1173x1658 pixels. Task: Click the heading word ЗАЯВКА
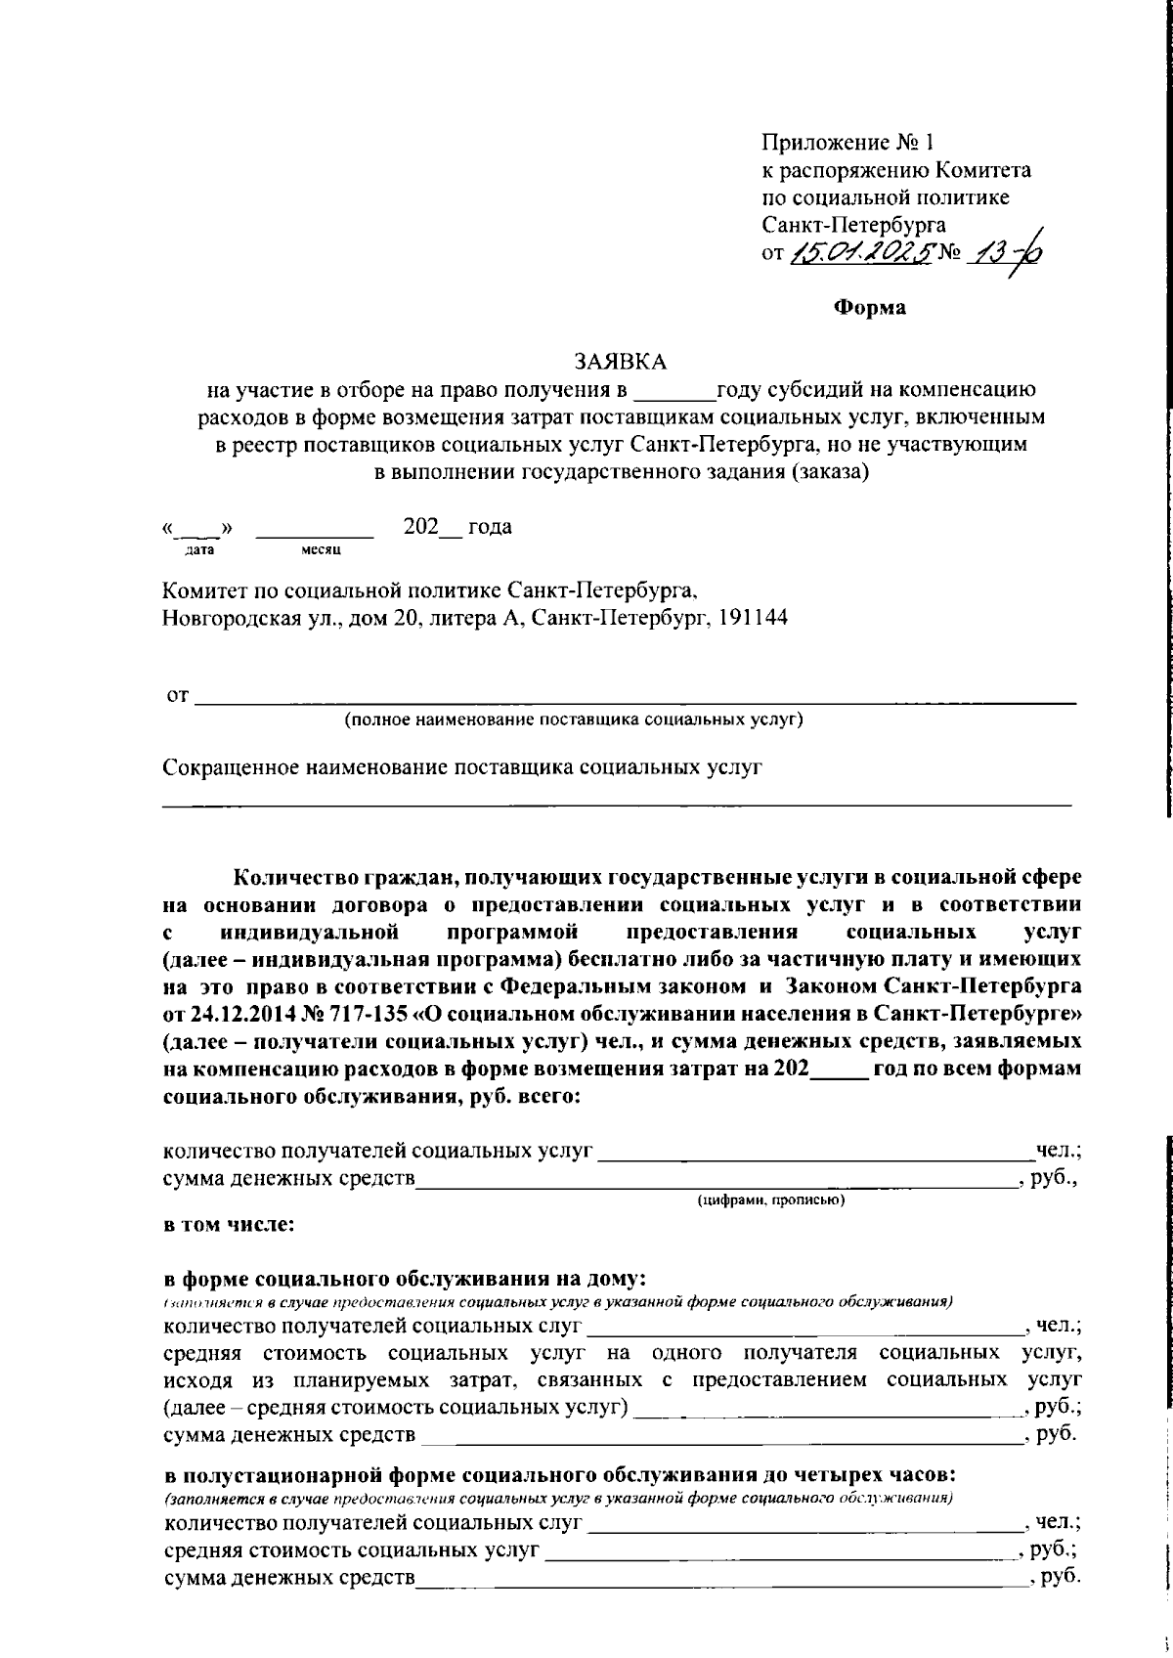coord(621,362)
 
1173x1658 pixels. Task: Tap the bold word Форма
coord(869,308)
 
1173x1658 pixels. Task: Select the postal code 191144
coord(753,618)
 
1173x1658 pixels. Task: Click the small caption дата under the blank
coord(199,551)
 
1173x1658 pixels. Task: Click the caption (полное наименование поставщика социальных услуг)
coord(573,720)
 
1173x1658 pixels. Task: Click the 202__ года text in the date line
coord(457,527)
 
